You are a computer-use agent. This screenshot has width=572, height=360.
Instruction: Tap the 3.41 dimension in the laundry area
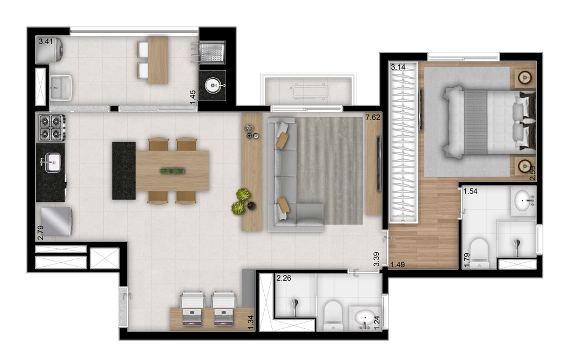(45, 41)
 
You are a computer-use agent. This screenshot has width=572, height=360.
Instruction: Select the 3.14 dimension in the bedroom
(398, 68)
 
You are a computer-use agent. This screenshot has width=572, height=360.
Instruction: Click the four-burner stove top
(51, 127)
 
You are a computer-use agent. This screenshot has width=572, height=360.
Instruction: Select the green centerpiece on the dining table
(172, 170)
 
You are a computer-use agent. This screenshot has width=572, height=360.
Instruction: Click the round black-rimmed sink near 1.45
(213, 86)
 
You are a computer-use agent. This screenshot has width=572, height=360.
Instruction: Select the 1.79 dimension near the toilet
(466, 259)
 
